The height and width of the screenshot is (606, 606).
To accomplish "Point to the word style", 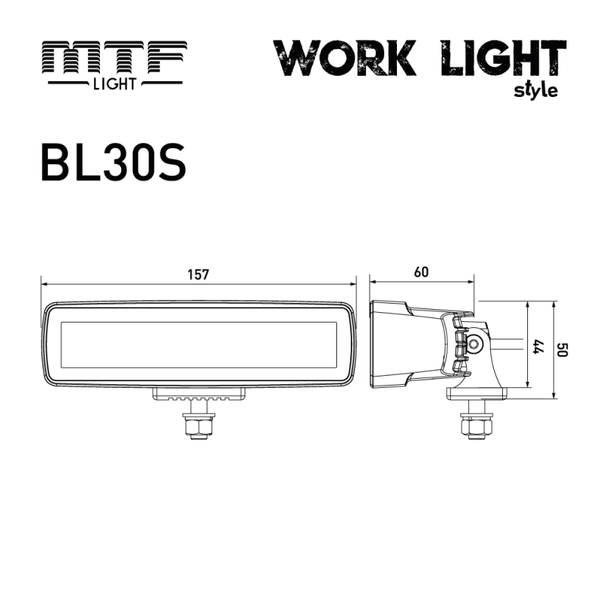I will tap(536, 90).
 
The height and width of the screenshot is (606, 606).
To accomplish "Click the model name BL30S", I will tap(113, 159).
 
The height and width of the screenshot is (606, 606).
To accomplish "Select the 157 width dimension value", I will tap(198, 274).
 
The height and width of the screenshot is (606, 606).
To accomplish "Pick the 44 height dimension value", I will tap(539, 345).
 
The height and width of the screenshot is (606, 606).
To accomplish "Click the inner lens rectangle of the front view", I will tap(198, 342).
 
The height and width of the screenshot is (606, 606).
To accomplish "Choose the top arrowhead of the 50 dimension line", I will tap(556, 302).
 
